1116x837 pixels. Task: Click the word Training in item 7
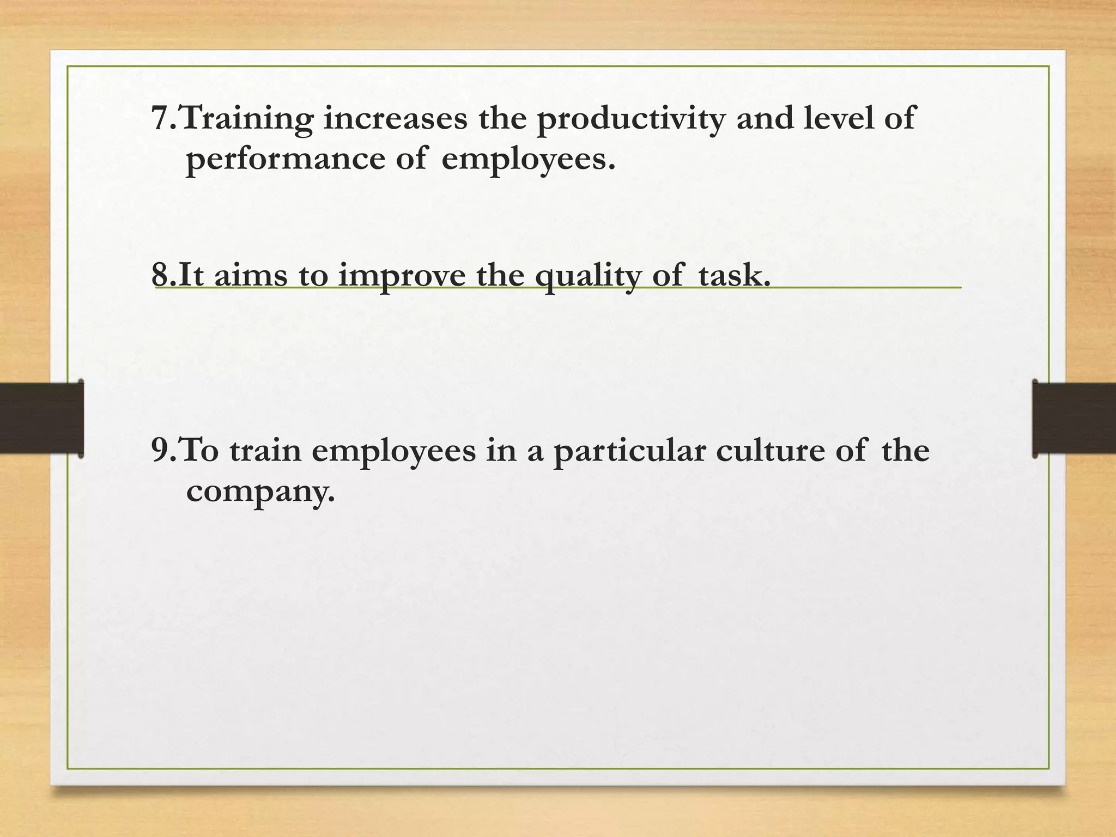click(x=247, y=119)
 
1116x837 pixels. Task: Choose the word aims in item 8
click(x=250, y=275)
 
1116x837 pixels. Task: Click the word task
click(x=734, y=275)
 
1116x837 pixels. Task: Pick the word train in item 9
click(x=265, y=451)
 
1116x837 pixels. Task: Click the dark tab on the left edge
click(x=41, y=418)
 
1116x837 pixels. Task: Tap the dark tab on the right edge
click(x=1074, y=418)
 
